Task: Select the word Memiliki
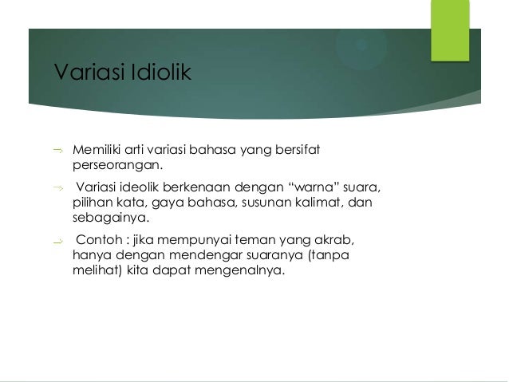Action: pyautogui.click(x=97, y=149)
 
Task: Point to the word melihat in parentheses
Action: pyautogui.click(x=93, y=274)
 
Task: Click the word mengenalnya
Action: pyautogui.click(x=248, y=274)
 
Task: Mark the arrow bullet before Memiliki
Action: pyautogui.click(x=57, y=149)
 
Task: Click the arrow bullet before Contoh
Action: pyautogui.click(x=57, y=242)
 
